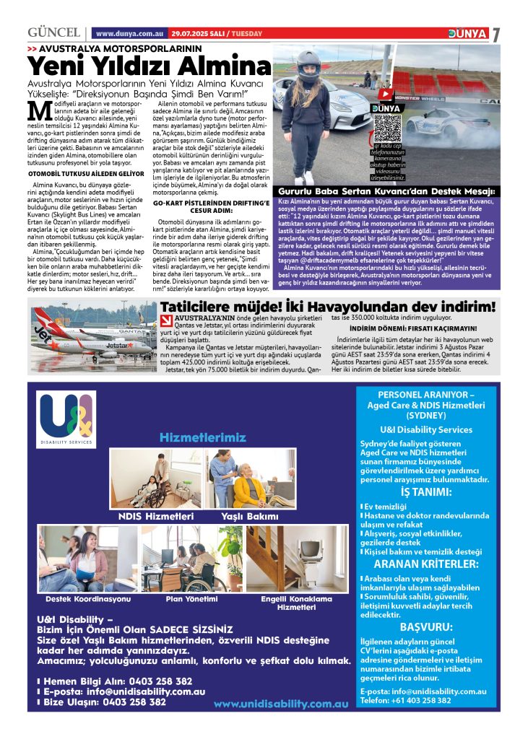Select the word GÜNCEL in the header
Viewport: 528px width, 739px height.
[x=53, y=33]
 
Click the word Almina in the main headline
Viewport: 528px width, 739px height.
[x=225, y=67]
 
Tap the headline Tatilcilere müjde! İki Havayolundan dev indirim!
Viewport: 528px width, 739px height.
[x=329, y=306]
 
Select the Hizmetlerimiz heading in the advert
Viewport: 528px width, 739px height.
[x=203, y=438]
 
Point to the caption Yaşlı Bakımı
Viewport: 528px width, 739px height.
[x=249, y=517]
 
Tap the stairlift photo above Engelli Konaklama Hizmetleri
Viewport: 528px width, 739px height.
[x=297, y=559]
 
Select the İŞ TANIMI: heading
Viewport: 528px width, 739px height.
[x=426, y=493]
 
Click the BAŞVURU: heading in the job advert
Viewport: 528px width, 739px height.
[x=426, y=626]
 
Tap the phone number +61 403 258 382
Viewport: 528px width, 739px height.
[x=425, y=700]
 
